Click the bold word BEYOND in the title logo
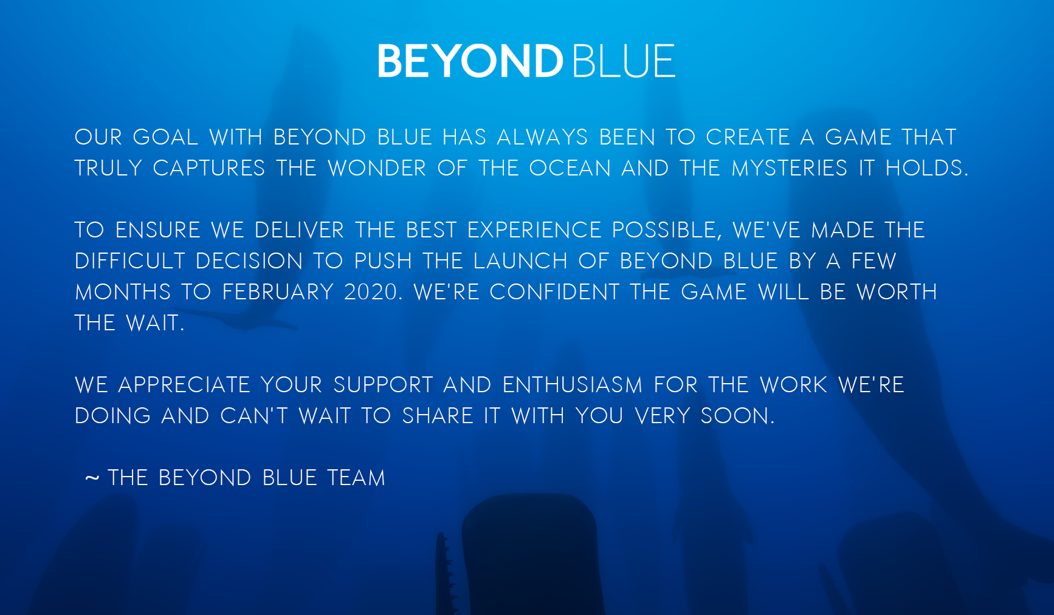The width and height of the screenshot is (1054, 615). [470, 61]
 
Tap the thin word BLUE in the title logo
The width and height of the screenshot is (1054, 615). [624, 61]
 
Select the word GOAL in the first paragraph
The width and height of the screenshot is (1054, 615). [165, 137]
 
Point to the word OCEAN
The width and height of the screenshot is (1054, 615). [570, 168]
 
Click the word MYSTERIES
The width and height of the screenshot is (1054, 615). [789, 168]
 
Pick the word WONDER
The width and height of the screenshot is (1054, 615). [377, 168]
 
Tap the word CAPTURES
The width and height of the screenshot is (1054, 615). [209, 168]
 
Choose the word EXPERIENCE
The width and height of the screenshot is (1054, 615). [534, 230]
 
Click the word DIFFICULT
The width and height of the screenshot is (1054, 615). [129, 261]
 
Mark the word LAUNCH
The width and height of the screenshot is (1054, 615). [520, 261]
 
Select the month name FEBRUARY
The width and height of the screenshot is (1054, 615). [278, 292]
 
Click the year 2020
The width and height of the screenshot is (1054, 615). [370, 292]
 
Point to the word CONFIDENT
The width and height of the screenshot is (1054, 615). [554, 292]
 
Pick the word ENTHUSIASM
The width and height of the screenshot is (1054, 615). [572, 385]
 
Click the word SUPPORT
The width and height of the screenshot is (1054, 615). [383, 385]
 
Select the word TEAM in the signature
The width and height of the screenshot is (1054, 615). [356, 478]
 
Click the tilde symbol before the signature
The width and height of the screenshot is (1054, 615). [92, 478]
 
